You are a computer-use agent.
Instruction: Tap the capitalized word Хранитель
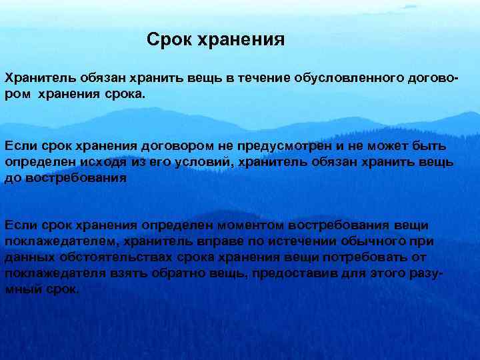[x=35, y=79]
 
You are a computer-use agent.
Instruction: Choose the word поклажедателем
[x=55, y=241]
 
